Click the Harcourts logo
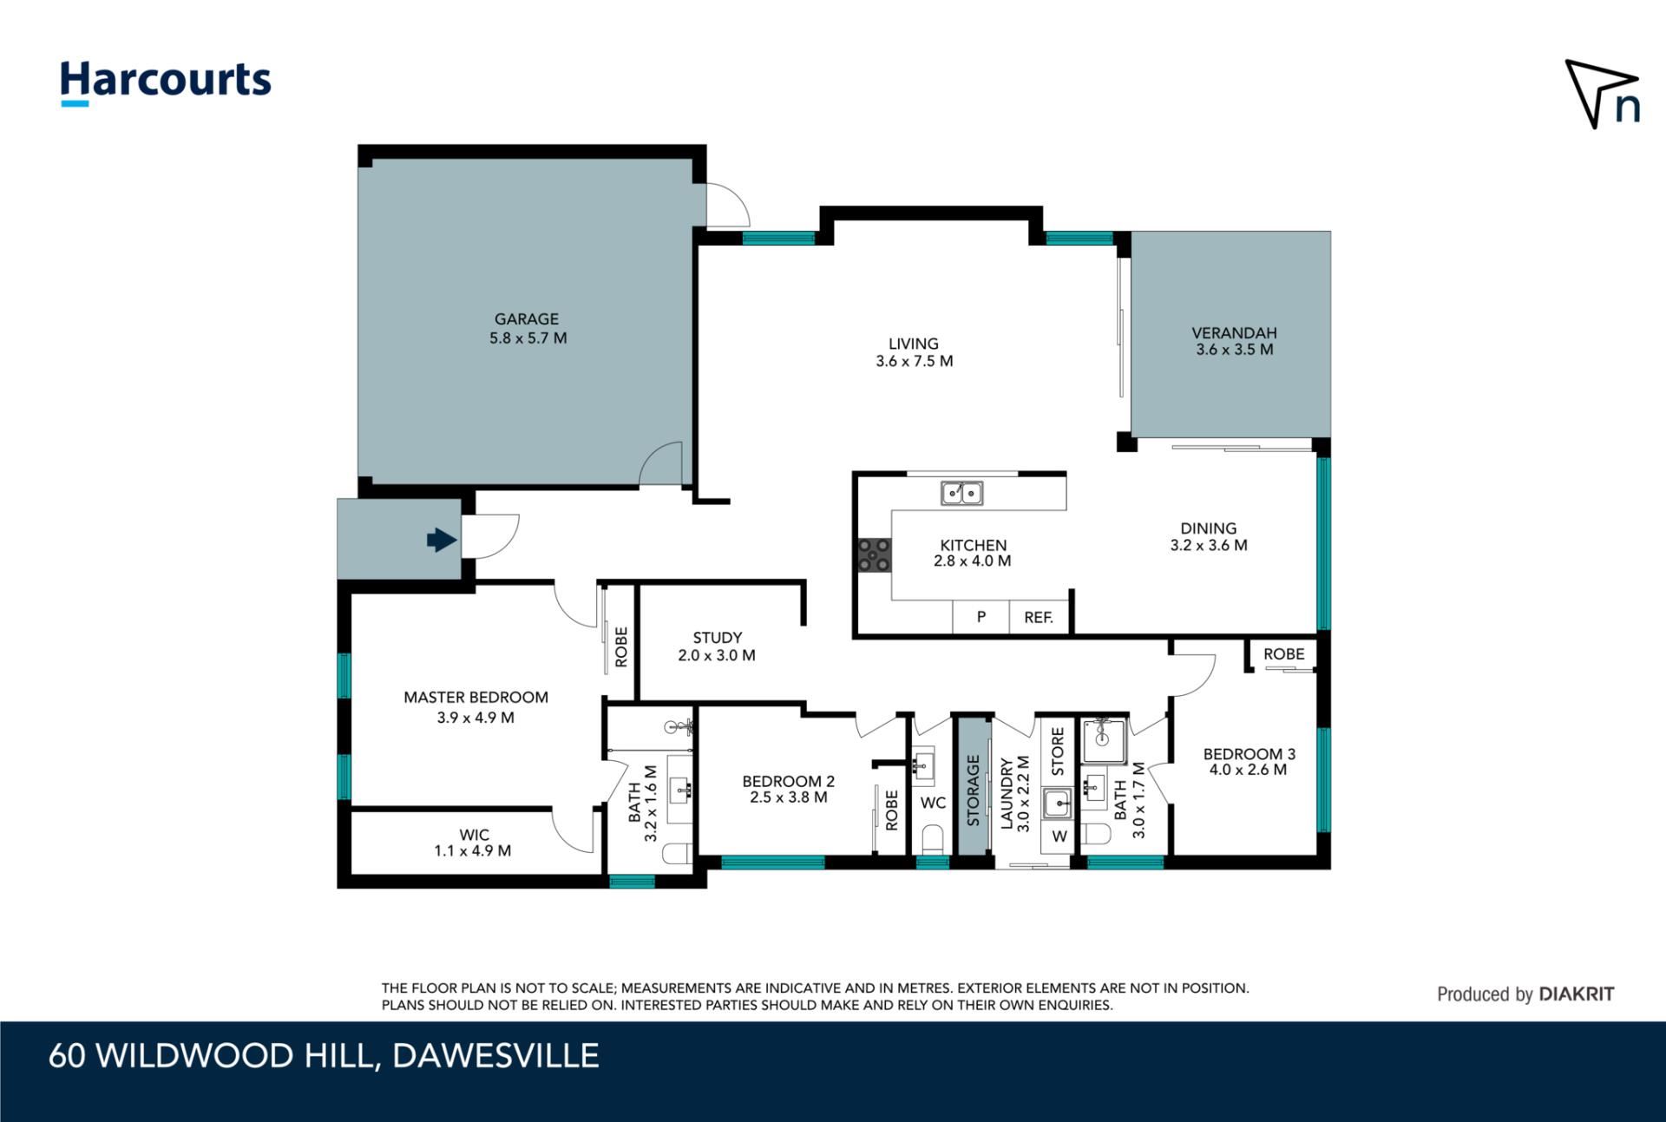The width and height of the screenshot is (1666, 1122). (165, 83)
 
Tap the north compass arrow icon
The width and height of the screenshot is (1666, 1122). (1602, 94)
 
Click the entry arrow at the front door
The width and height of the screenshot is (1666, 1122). (442, 540)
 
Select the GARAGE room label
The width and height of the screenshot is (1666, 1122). (527, 319)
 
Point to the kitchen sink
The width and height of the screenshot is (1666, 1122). (962, 493)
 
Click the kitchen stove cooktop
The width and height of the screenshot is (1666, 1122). (874, 554)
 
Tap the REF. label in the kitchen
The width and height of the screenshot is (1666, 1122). (1039, 618)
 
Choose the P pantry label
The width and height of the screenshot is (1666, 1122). (981, 617)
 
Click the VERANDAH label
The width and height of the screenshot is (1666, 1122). (1234, 332)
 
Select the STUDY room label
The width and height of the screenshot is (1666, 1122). (718, 638)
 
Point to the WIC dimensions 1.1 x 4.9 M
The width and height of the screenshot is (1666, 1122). (473, 851)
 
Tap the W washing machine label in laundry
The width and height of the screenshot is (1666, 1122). (1059, 837)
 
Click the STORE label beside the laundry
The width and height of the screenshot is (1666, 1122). (1058, 751)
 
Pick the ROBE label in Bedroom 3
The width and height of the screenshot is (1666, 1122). (1283, 654)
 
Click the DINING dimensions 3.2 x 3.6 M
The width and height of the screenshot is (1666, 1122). (1209, 546)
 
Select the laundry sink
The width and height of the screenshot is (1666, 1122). (1058, 804)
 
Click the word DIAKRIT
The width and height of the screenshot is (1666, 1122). (1577, 994)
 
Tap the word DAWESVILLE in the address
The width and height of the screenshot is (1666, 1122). (495, 1056)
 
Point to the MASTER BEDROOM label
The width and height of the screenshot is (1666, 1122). (476, 698)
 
